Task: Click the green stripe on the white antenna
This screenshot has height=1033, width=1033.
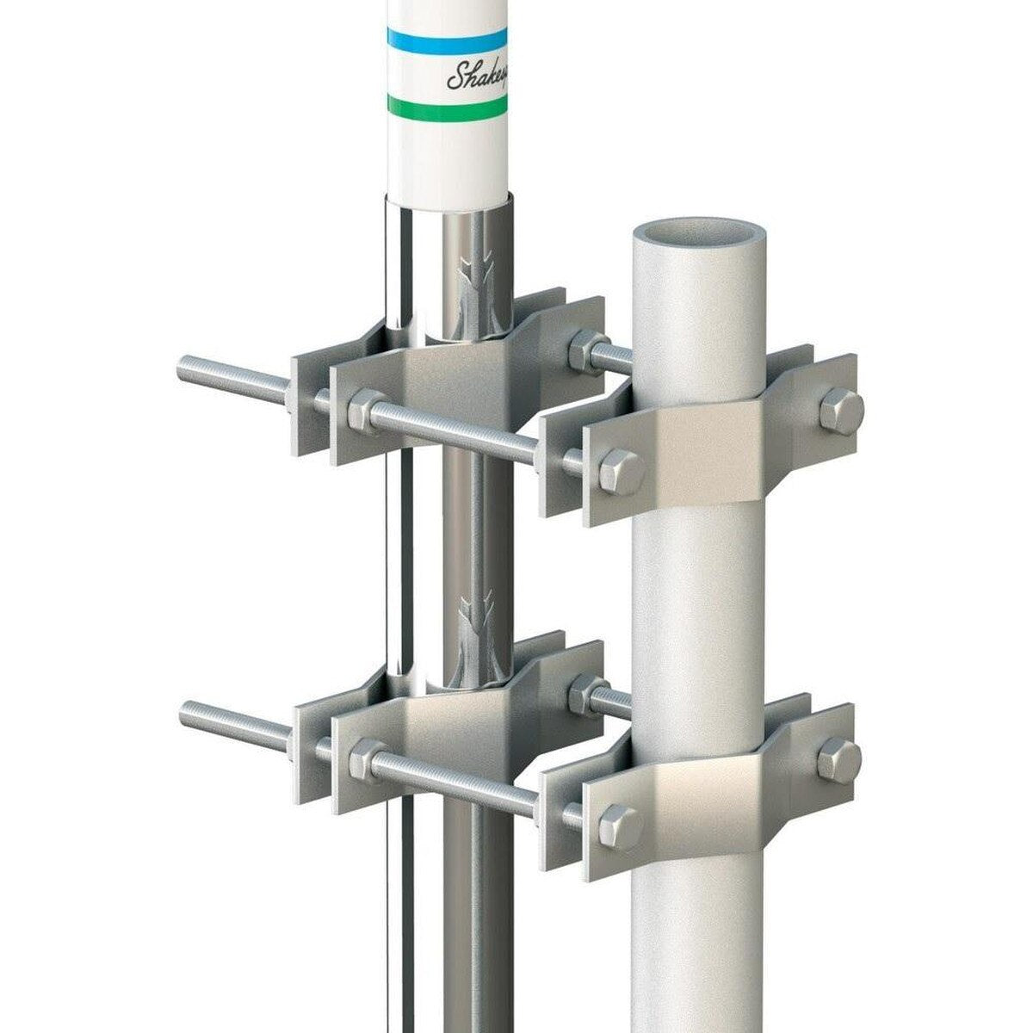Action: [446, 107]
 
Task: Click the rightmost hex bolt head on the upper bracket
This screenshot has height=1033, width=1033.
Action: [839, 411]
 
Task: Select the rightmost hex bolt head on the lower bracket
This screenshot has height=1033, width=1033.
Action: [838, 759]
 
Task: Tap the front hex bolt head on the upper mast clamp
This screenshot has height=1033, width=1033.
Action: [620, 471]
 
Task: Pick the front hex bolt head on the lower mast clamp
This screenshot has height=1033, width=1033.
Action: [619, 826]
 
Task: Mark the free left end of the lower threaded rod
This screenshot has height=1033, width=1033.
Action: [187, 713]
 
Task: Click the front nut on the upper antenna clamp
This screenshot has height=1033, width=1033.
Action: [365, 411]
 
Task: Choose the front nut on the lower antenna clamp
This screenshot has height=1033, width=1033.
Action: [367, 758]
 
